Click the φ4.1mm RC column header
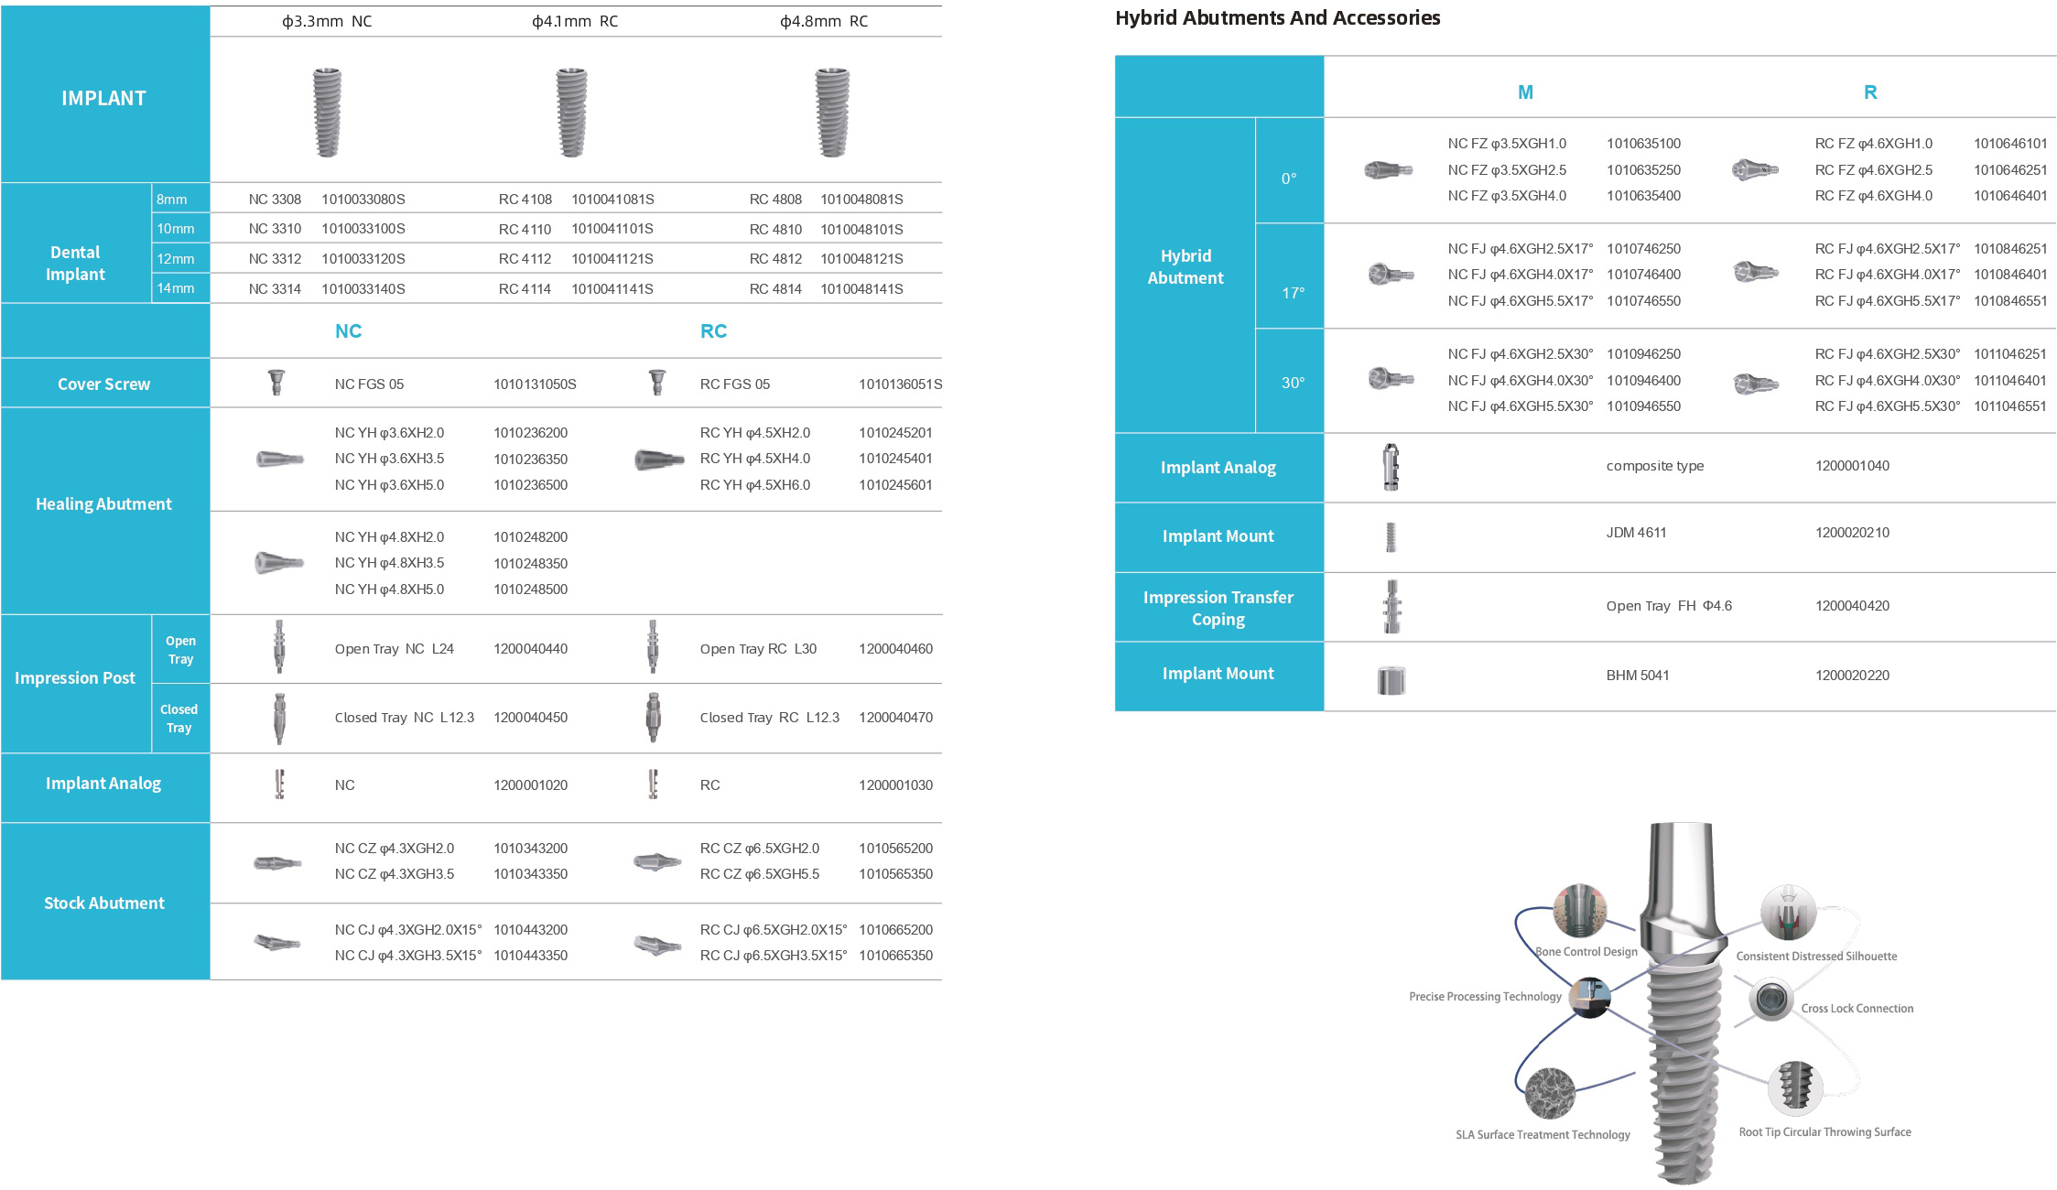(x=575, y=21)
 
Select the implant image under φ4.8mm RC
(x=831, y=111)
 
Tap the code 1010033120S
(x=363, y=259)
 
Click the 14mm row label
(x=175, y=288)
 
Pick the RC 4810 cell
(x=774, y=229)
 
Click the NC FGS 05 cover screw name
(x=369, y=384)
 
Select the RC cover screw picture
(x=656, y=382)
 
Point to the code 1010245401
(x=895, y=459)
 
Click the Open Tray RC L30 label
(x=758, y=649)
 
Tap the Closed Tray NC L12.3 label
(x=404, y=718)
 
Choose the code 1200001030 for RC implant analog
(x=895, y=785)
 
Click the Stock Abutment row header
(x=104, y=903)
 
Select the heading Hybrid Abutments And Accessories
(x=1277, y=18)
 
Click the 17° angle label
(x=1293, y=293)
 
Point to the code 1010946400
(x=1643, y=381)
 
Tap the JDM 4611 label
(x=1636, y=533)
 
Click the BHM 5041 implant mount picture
(x=1391, y=679)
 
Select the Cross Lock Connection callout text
(x=1857, y=1009)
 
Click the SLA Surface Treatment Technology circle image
(x=1550, y=1093)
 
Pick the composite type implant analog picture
(x=1391, y=466)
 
